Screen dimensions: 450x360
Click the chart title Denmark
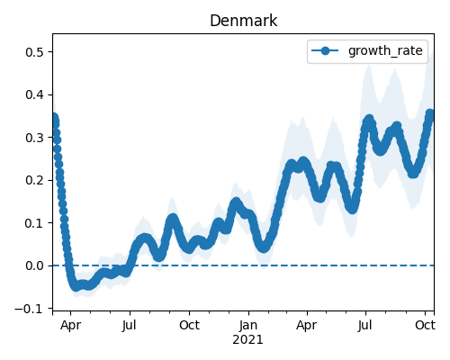(x=243, y=21)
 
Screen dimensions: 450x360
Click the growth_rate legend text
(x=385, y=51)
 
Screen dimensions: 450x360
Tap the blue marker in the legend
(x=325, y=50)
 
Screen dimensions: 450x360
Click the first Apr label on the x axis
(x=70, y=325)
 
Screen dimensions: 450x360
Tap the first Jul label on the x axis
(x=130, y=325)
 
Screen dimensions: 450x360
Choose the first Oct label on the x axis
(x=189, y=325)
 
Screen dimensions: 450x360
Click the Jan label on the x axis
(x=248, y=325)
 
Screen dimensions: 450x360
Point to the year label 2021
(x=247, y=339)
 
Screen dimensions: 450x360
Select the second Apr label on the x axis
(x=307, y=325)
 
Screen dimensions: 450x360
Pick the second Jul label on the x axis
(x=365, y=325)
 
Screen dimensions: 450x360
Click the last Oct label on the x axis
(x=425, y=325)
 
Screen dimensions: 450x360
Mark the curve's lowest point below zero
(x=76, y=286)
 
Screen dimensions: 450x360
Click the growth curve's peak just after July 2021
(x=369, y=120)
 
